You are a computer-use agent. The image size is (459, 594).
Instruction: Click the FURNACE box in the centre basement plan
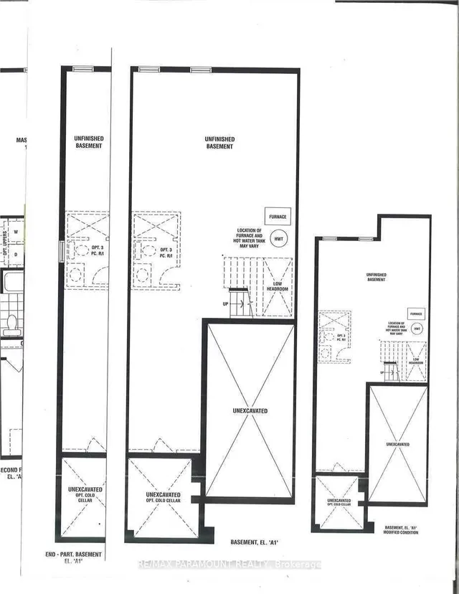point(278,216)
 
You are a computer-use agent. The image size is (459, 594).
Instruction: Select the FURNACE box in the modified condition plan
point(415,313)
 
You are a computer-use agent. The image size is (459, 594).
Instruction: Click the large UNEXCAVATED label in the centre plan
point(250,411)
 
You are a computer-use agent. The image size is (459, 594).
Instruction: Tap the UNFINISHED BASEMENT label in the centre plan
point(219,143)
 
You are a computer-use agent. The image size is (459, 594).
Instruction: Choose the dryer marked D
point(15,255)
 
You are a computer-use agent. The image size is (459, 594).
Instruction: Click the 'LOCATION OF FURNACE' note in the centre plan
point(255,236)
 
